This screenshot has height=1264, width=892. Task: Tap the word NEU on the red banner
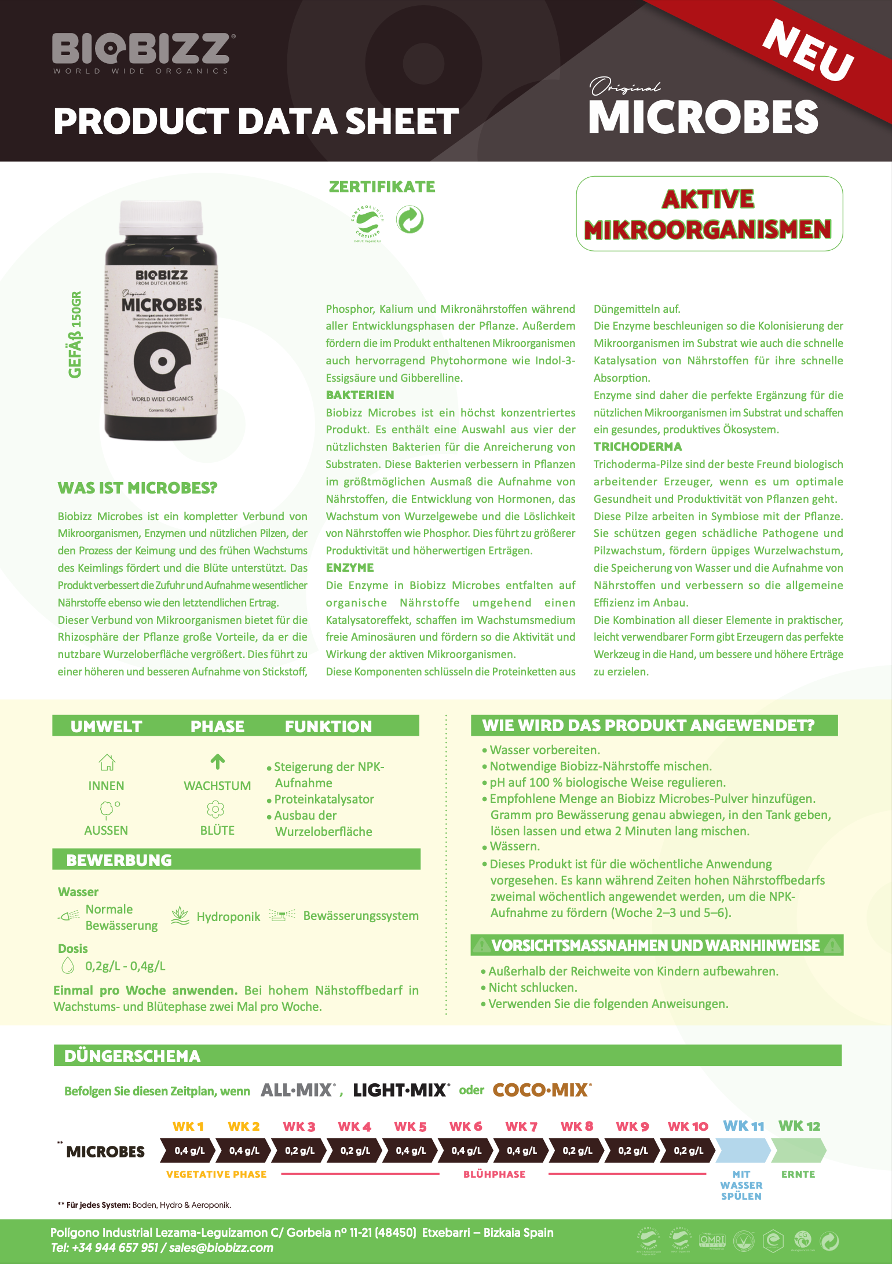click(x=808, y=50)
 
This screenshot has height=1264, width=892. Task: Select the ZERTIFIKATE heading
click(x=382, y=187)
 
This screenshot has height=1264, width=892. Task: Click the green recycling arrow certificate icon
click(x=410, y=220)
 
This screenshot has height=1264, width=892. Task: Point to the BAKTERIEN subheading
click(x=360, y=395)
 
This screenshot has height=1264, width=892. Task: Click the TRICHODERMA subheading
click(x=638, y=447)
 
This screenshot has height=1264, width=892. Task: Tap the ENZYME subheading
click(x=350, y=568)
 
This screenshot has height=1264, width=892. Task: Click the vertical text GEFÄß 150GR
click(x=75, y=334)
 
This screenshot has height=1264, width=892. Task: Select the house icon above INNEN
click(x=107, y=762)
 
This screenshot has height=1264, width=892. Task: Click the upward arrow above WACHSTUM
click(x=217, y=762)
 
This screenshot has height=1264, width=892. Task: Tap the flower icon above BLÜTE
click(x=215, y=809)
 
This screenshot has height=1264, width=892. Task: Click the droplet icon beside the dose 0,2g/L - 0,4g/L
click(x=68, y=966)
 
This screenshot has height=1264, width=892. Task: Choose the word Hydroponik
click(x=228, y=916)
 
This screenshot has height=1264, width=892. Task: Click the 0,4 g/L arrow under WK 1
click(x=189, y=1150)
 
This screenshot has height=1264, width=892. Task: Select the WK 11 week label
click(x=743, y=1126)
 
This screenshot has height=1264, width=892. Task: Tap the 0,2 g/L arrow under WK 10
click(x=688, y=1150)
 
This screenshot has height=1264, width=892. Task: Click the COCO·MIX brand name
click(x=542, y=1090)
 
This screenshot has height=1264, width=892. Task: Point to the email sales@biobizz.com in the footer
click(x=221, y=1248)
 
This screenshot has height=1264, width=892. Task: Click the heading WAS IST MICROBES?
click(x=137, y=488)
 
